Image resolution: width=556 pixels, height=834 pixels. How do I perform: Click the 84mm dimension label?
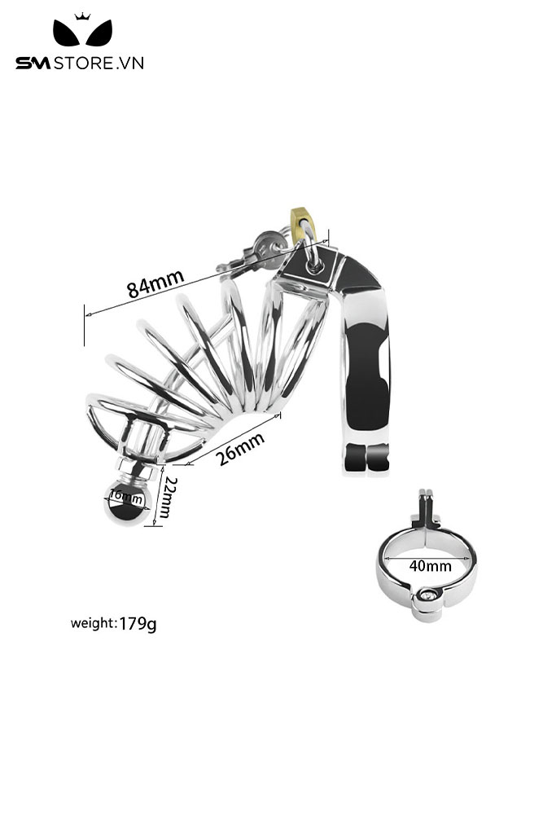pos(155,283)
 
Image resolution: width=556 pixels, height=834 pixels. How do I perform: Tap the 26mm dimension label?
pos(241,449)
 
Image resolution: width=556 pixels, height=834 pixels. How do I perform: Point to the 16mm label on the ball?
pos(126,497)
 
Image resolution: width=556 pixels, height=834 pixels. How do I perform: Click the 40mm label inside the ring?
pos(430,565)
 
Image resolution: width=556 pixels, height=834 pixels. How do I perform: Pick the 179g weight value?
pos(138,623)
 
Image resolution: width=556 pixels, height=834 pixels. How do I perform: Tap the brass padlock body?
pos(303,223)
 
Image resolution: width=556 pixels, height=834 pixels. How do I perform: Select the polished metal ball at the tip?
pos(128,502)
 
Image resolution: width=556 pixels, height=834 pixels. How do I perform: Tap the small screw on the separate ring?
pos(427,597)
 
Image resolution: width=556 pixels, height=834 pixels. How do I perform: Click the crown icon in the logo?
pos(82,16)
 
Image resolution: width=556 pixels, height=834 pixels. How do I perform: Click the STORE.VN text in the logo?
pos(99,64)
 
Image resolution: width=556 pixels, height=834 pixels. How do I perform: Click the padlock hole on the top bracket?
pos(314,265)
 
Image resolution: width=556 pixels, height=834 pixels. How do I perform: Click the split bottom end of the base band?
pos(367,459)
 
